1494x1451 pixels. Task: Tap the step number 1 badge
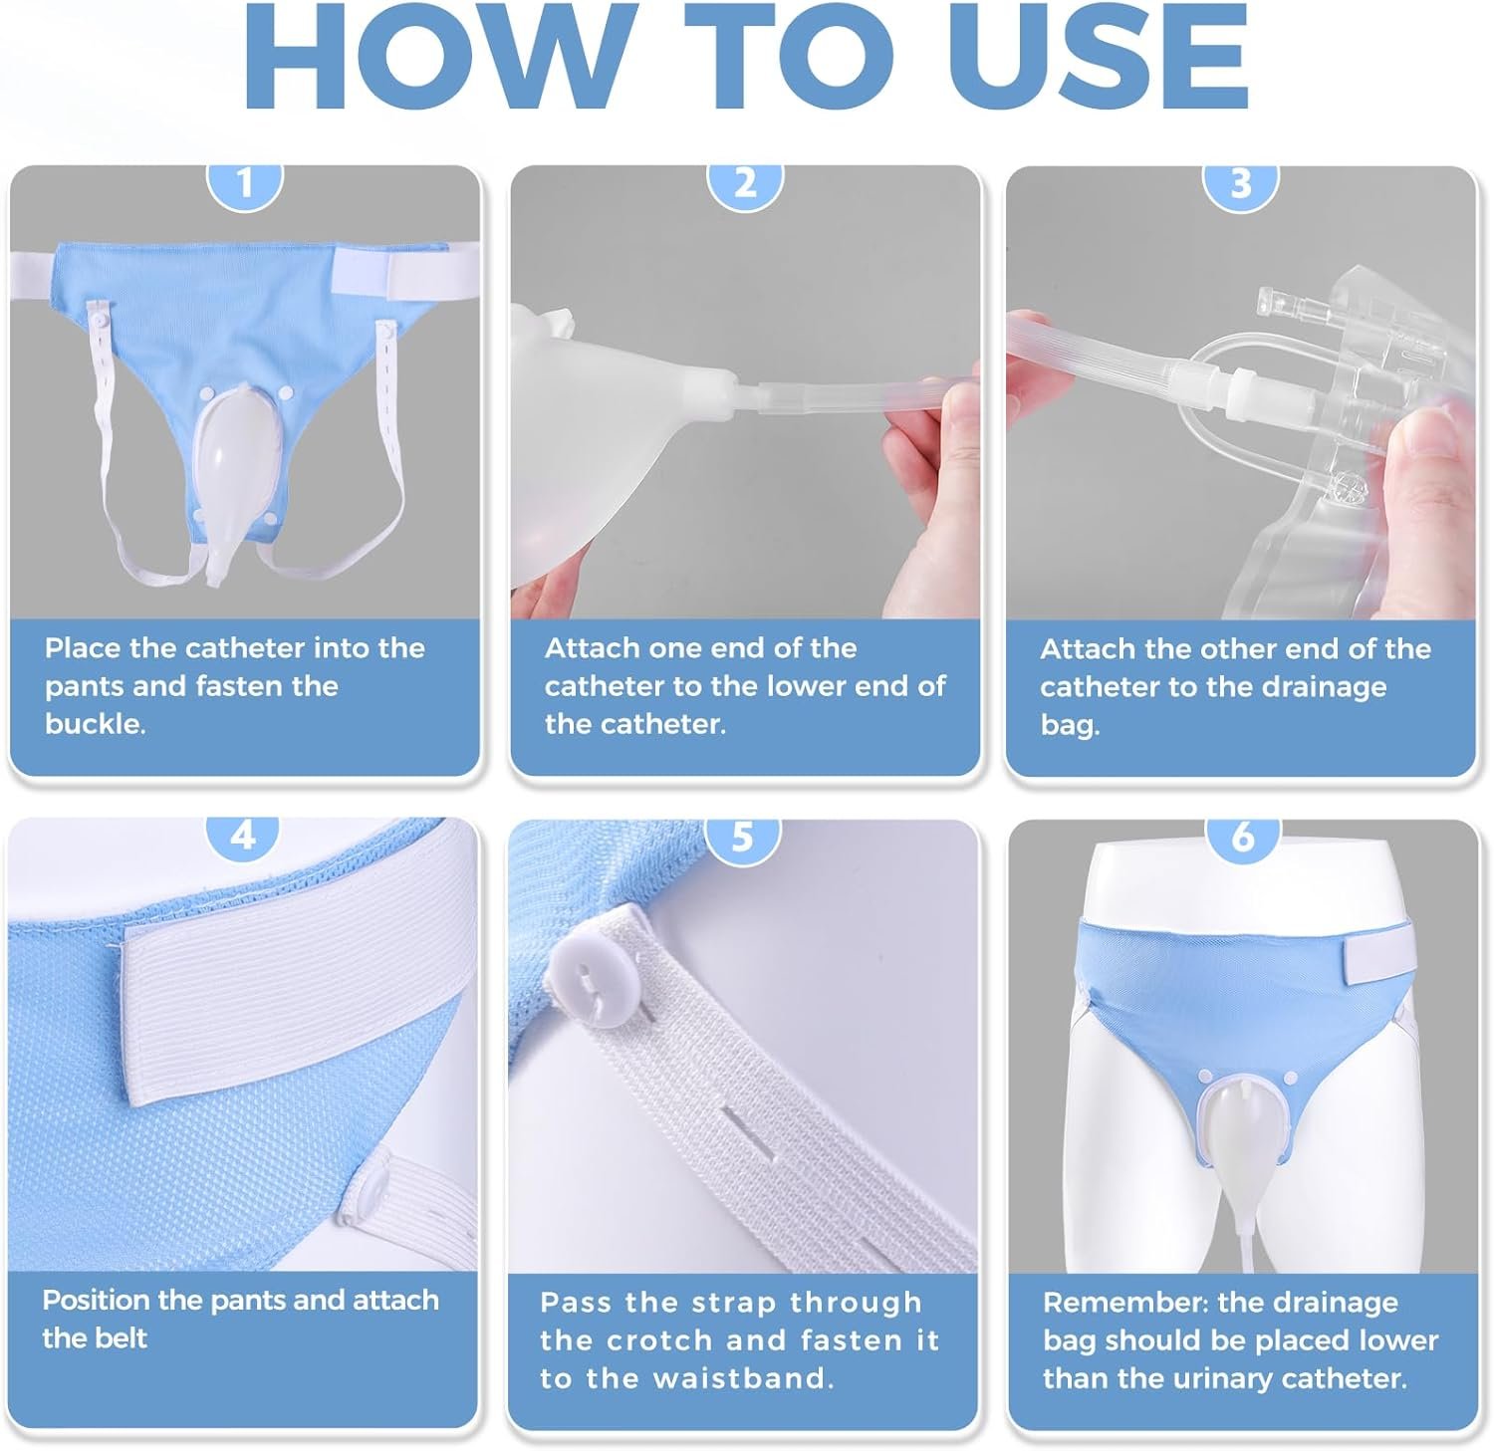(x=245, y=185)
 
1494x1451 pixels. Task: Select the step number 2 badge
(x=745, y=185)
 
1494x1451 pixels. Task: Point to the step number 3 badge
(x=1240, y=185)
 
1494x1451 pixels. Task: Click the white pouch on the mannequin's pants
(x=1242, y=1126)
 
